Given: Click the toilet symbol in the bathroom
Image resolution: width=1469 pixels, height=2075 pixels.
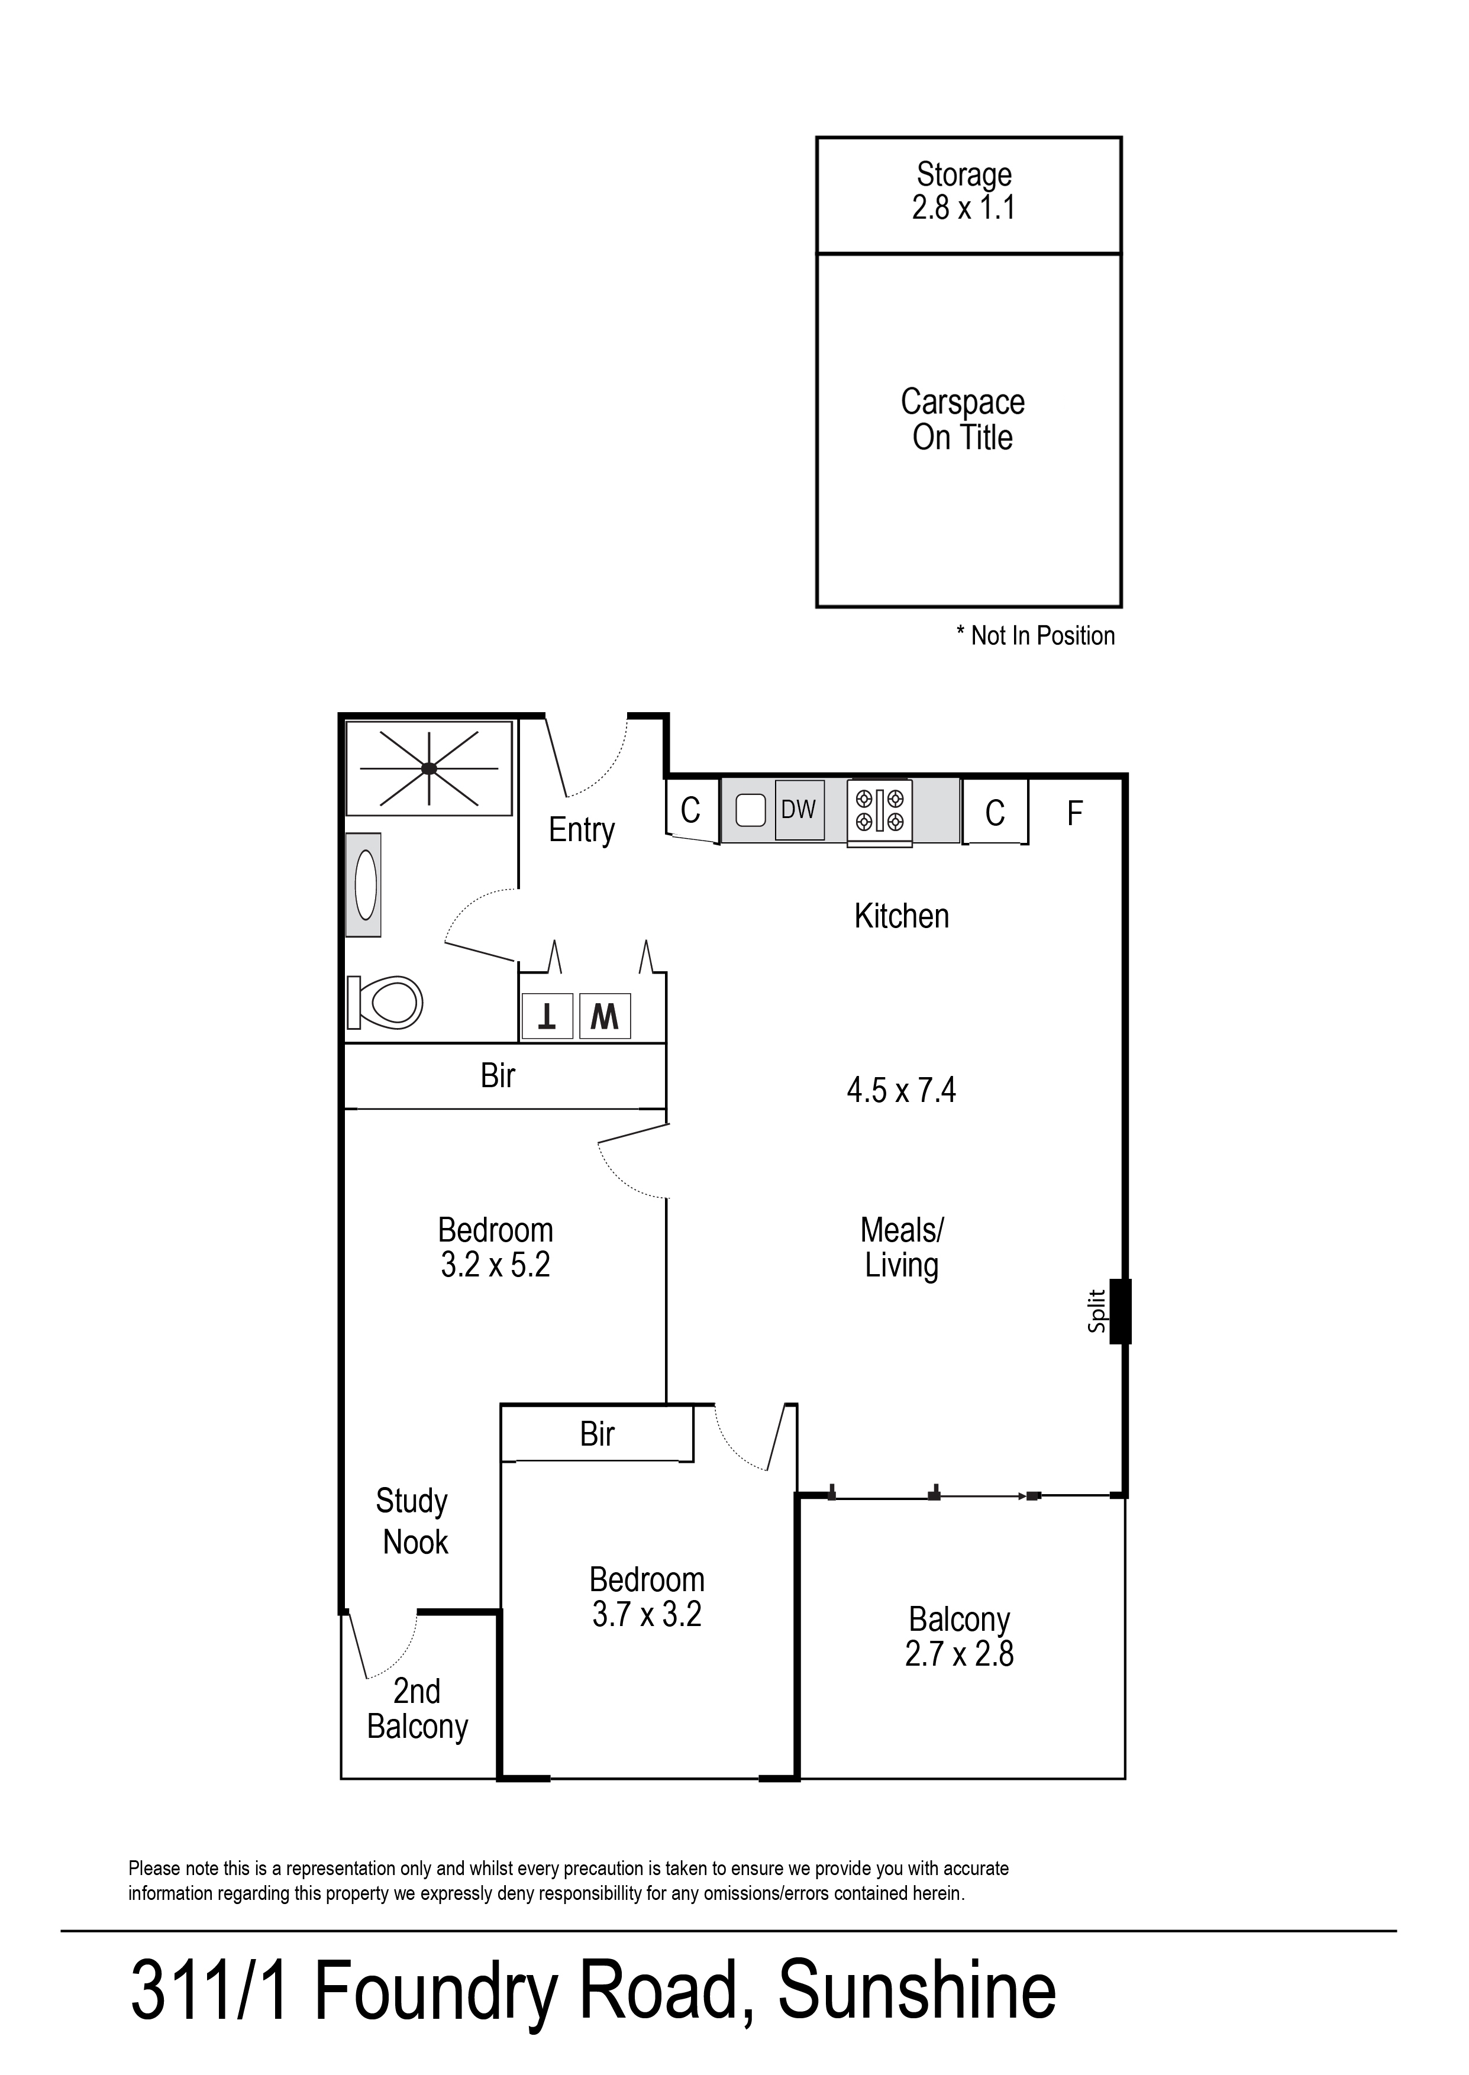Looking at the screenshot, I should click(386, 1002).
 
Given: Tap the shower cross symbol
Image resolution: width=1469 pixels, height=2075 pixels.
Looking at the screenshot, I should click(429, 768).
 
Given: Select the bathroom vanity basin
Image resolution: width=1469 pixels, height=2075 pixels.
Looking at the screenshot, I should click(364, 884).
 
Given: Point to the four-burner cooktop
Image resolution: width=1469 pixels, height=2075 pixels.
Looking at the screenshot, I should click(879, 810).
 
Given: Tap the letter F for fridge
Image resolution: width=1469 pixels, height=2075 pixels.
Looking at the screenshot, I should click(1074, 814).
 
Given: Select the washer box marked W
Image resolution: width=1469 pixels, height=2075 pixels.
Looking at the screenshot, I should click(604, 1017).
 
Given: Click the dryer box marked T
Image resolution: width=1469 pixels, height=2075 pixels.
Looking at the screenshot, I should click(547, 1017).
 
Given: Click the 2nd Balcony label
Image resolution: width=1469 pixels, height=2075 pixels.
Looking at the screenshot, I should click(417, 1709).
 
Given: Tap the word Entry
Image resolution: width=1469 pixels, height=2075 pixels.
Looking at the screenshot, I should click(582, 829).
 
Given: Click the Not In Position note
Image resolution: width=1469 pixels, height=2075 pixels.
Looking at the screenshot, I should click(1036, 636).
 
